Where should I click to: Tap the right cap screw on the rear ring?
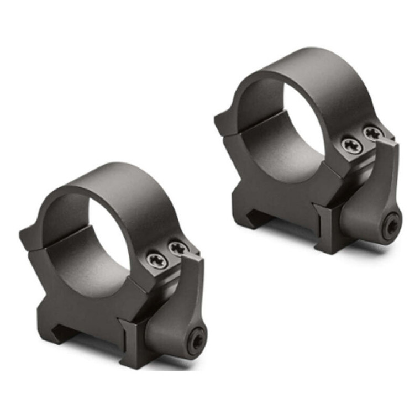coord(373,133)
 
